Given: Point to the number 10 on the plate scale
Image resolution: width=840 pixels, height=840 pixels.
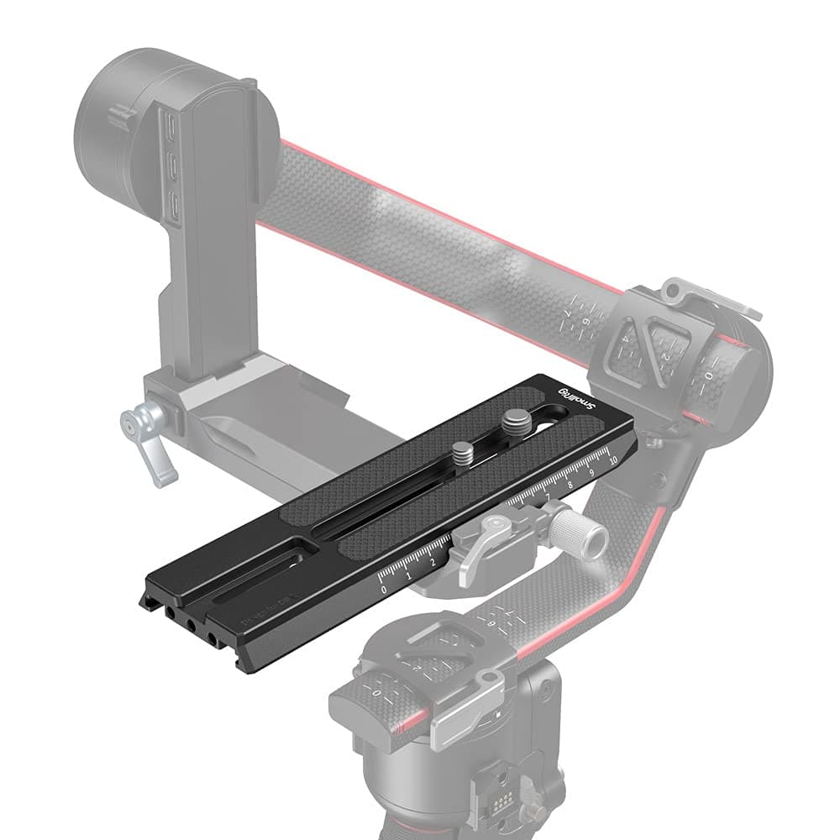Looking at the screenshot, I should coord(613,460).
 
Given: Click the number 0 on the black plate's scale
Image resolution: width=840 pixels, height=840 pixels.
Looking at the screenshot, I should coord(384,591).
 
